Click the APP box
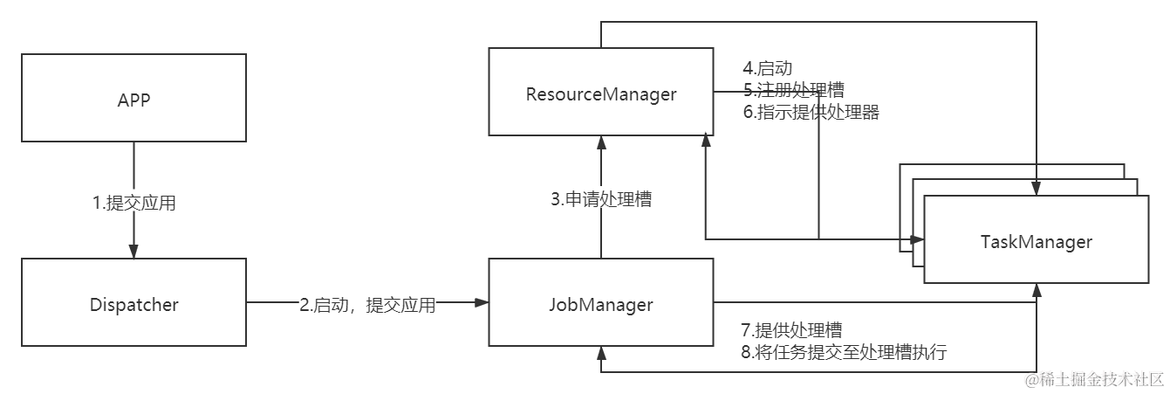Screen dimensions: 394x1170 134,98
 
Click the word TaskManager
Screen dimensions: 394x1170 1036,241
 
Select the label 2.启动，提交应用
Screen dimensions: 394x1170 367,305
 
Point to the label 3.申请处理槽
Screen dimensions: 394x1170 601,199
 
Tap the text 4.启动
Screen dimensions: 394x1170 767,68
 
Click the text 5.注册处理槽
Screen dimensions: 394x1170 792,90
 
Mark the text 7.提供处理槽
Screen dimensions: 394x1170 791,330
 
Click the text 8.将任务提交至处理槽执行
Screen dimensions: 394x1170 844,353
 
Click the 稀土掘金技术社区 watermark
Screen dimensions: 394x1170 1094,377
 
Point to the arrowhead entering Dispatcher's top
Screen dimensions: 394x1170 134,252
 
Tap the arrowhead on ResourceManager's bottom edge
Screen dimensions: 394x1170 601,141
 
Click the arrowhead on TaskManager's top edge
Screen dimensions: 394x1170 1037,190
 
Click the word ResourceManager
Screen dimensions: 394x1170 601,93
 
